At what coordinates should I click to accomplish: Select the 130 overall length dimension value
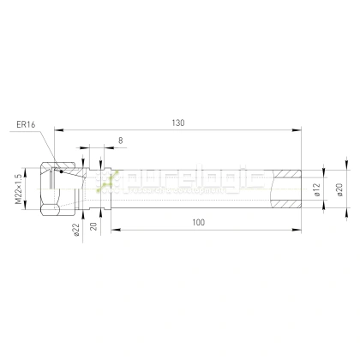177,123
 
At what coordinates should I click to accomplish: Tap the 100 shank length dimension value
198,222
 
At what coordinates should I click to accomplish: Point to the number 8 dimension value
119,139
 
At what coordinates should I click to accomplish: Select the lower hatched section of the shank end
285,206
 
